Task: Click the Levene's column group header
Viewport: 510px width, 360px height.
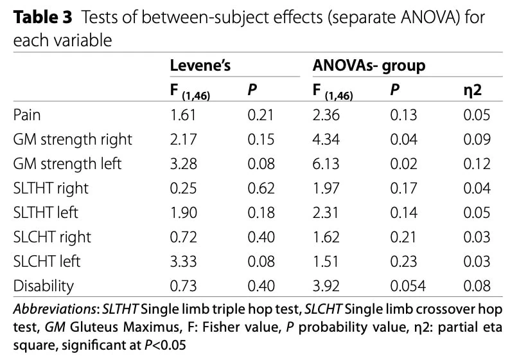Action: point(200,66)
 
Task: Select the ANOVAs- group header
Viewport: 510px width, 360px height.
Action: point(369,66)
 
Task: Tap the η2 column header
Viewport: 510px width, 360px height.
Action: point(472,90)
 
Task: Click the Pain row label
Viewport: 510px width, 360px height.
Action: point(27,115)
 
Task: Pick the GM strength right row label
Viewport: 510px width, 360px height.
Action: point(73,140)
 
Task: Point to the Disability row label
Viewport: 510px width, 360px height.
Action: point(44,286)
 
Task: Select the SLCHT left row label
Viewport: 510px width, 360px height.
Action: point(46,262)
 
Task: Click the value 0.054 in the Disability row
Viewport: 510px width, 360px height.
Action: point(408,286)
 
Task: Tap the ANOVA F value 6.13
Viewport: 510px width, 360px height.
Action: point(326,164)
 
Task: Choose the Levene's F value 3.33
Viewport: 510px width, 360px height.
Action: point(184,262)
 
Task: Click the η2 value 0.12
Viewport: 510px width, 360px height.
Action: point(477,164)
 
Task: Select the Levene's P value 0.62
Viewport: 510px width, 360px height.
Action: point(261,188)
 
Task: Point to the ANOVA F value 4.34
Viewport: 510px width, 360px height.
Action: point(326,139)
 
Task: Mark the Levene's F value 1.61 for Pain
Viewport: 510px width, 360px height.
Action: point(183,115)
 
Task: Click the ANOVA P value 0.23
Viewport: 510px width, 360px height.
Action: point(403,262)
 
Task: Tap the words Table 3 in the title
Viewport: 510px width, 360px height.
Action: point(42,17)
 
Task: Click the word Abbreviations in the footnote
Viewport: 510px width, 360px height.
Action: point(55,309)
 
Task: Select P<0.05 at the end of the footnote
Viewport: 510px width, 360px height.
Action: point(165,345)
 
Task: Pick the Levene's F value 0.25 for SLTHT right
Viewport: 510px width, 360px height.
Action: point(184,188)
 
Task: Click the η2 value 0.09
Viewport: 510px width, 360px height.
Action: point(477,139)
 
